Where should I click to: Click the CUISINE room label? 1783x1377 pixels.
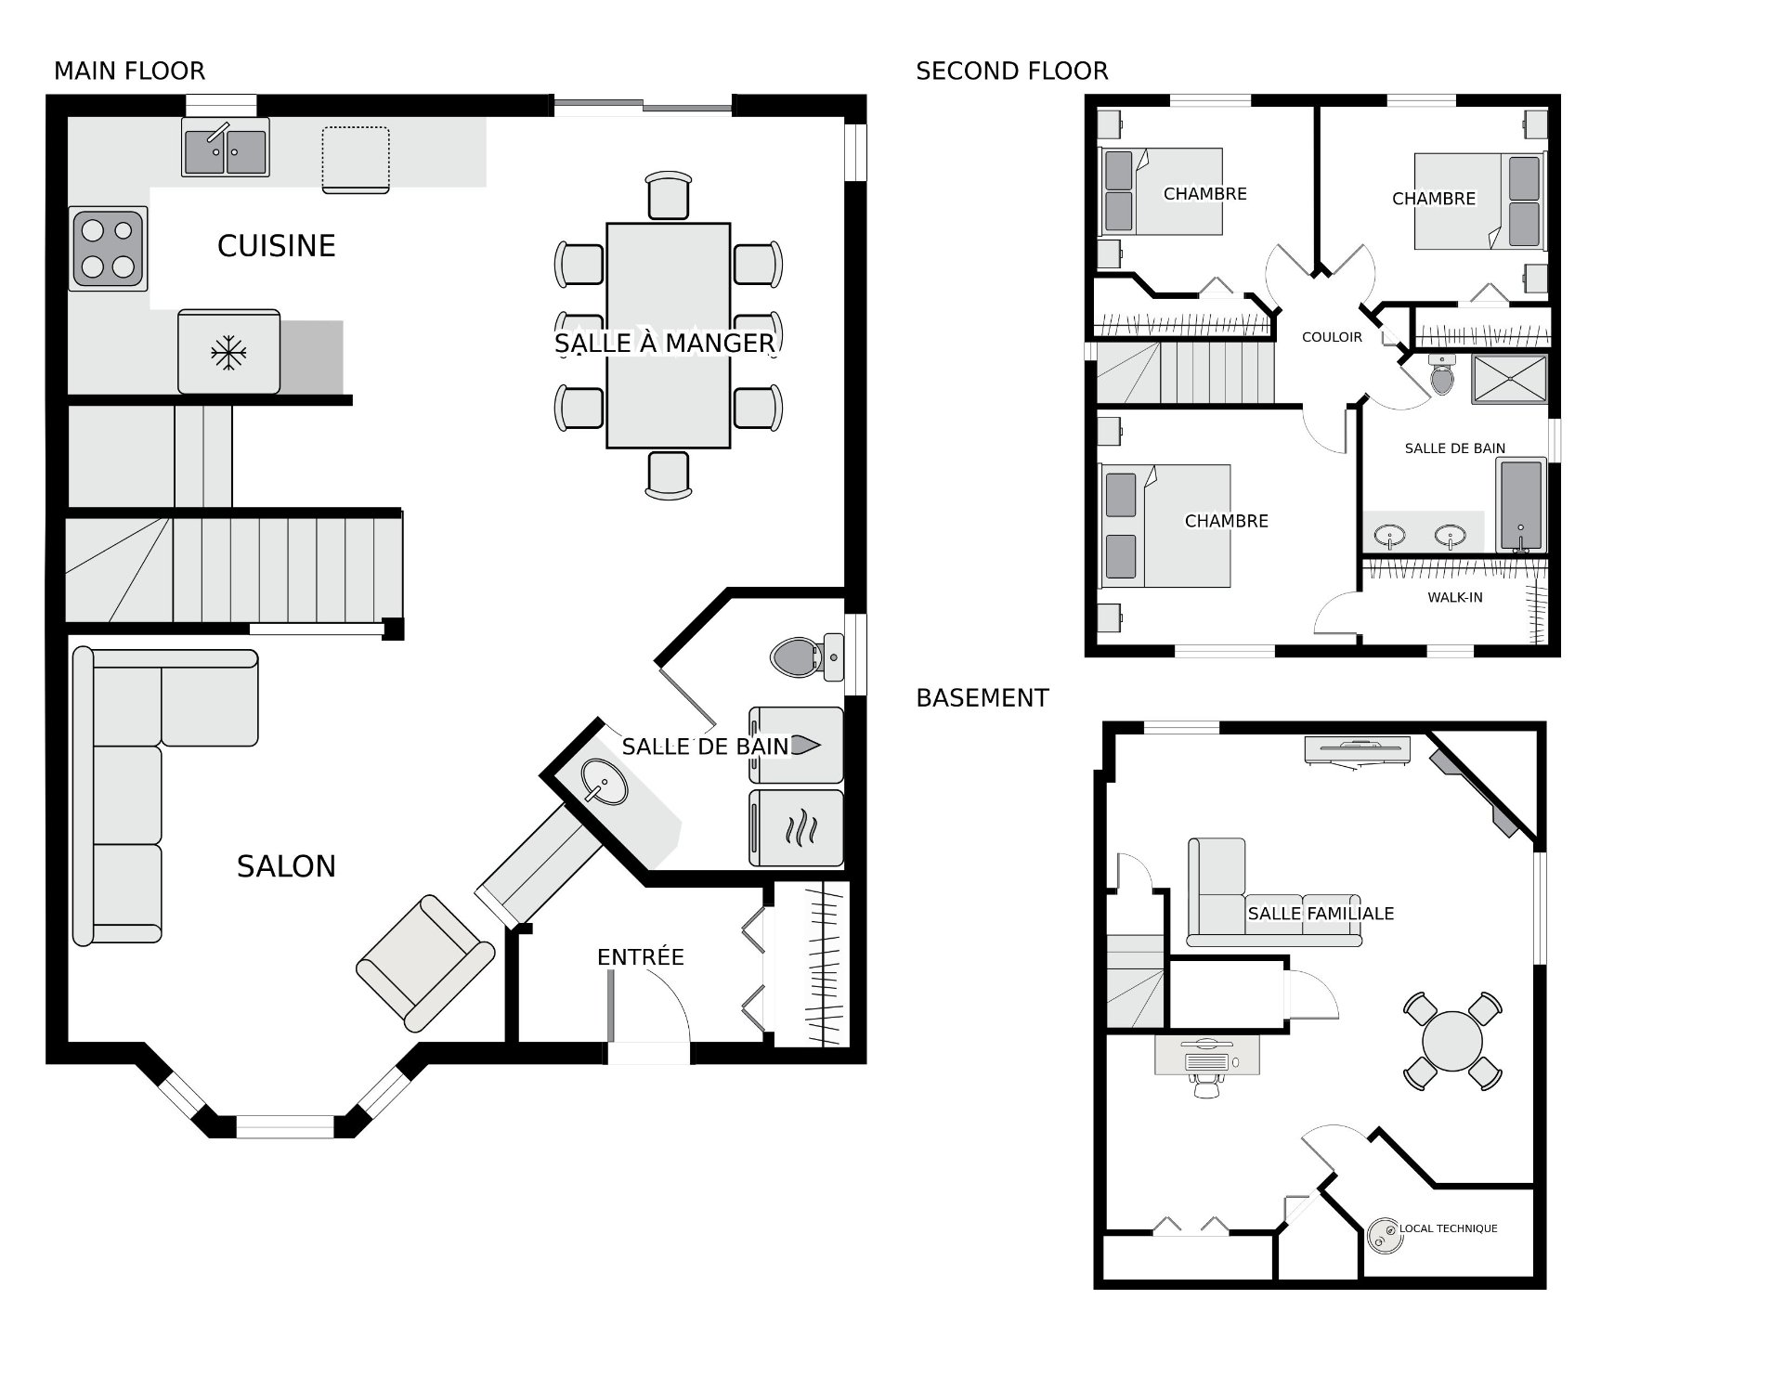click(x=276, y=246)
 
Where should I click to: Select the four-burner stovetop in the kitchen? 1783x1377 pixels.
click(x=108, y=249)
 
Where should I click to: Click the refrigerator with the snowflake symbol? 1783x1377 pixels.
click(x=228, y=352)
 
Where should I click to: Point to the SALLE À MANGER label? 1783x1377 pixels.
click(x=664, y=344)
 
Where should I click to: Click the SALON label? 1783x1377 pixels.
click(x=286, y=866)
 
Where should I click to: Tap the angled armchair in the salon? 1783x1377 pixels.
click(x=425, y=963)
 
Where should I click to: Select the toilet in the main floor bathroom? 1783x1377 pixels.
click(x=807, y=657)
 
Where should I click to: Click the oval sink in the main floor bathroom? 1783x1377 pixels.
click(x=605, y=782)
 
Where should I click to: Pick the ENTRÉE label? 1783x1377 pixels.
click(x=641, y=957)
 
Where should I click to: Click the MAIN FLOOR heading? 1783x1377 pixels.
click(x=129, y=71)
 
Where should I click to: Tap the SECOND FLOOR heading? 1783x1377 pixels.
click(x=1012, y=71)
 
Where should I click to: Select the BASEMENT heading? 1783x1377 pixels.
click(x=983, y=698)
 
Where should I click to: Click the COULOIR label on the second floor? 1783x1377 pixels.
click(x=1332, y=337)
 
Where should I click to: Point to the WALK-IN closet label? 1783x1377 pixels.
click(x=1455, y=597)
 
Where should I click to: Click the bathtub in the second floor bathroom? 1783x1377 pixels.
click(x=1521, y=505)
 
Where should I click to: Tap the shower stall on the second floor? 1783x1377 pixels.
click(x=1509, y=379)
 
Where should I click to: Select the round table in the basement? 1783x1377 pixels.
click(x=1452, y=1041)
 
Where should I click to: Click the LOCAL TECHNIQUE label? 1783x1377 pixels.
click(x=1449, y=1228)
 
